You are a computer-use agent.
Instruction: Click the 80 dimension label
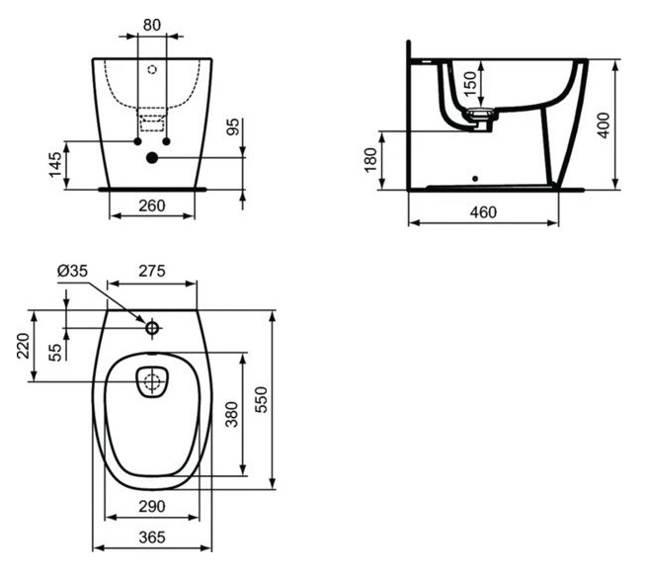(152, 25)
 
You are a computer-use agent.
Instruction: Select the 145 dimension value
(55, 165)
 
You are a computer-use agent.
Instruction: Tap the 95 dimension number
(233, 127)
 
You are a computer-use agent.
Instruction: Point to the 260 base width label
(152, 205)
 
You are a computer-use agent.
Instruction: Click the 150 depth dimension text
(470, 84)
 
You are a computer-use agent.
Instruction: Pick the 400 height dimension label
(603, 125)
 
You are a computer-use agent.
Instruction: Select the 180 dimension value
(370, 160)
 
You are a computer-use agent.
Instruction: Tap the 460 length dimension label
(483, 212)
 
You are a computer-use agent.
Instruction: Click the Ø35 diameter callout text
(73, 271)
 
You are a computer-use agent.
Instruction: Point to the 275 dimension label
(152, 271)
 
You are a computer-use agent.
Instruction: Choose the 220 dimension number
(23, 346)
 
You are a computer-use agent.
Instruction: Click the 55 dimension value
(55, 353)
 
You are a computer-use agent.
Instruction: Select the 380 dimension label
(232, 414)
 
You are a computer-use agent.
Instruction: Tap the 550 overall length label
(261, 399)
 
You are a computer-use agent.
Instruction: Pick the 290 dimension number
(152, 506)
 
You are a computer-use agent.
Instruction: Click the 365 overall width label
(152, 537)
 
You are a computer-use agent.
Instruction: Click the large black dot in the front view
(152, 157)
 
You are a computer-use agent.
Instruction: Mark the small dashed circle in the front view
(152, 69)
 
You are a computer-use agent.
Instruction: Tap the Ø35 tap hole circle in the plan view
(152, 328)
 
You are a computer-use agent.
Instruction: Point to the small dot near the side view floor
(475, 179)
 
